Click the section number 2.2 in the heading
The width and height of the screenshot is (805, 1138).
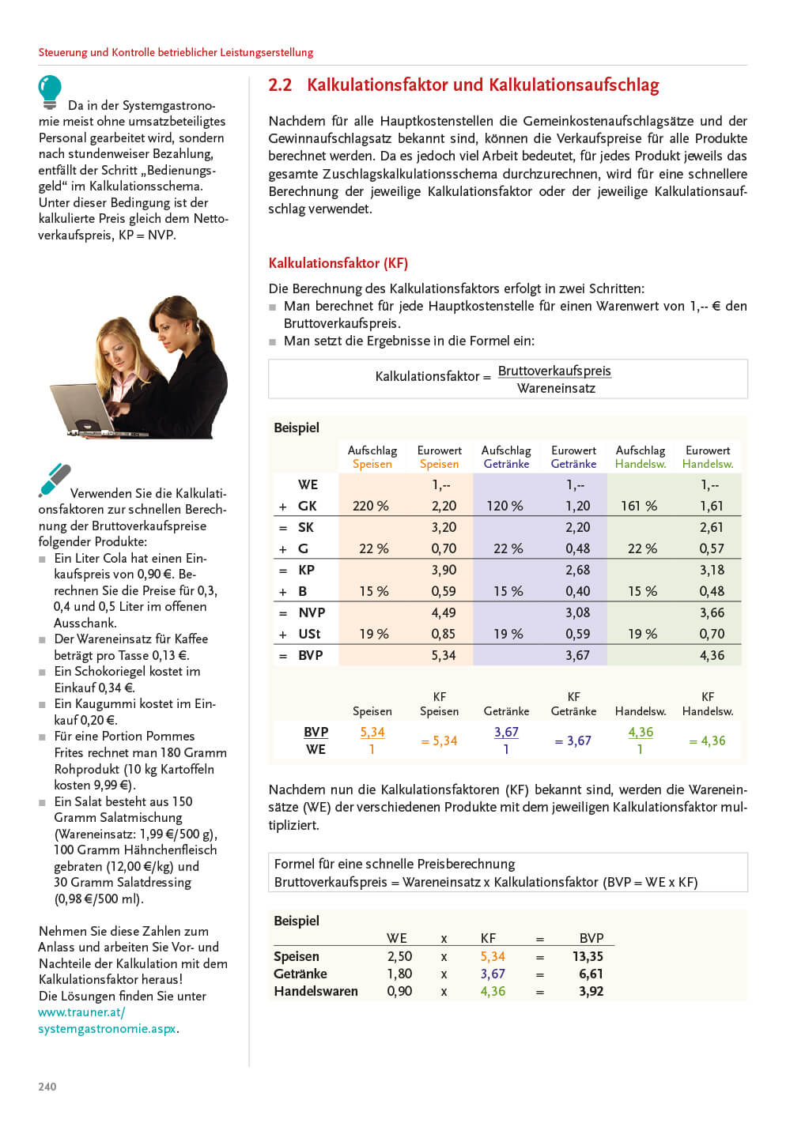click(280, 85)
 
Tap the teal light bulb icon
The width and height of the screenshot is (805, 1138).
click(50, 91)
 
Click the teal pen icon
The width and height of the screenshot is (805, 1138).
click(55, 480)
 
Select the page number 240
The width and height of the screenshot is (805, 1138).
click(47, 1087)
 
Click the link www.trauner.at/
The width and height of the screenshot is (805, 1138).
click(81, 1012)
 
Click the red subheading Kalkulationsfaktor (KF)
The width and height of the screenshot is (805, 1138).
click(338, 263)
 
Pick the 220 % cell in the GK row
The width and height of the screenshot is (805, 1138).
click(371, 506)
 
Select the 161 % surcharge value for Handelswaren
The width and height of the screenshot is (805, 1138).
click(639, 506)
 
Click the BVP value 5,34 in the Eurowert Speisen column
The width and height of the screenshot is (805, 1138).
click(443, 655)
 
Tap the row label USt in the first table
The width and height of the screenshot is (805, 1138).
click(309, 634)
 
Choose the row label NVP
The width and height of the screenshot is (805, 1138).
click(312, 612)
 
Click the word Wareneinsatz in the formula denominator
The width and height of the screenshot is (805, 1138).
click(556, 388)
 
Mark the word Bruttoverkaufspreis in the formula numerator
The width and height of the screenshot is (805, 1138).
click(554, 371)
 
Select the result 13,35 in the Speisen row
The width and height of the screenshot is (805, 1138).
click(588, 956)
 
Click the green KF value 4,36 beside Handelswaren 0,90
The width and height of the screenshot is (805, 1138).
click(493, 991)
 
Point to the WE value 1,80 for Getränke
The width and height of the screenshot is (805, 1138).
click(399, 974)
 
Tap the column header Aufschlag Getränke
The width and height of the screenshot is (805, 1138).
click(506, 457)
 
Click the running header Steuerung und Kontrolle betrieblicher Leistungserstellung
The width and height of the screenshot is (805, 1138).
click(176, 52)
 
